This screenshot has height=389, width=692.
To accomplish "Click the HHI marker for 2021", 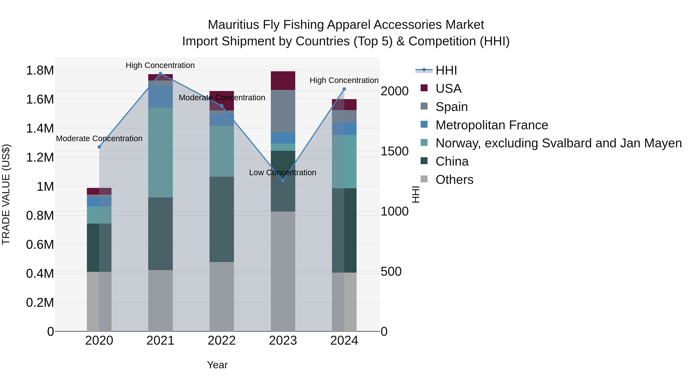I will click(160, 74).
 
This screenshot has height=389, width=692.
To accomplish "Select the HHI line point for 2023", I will click(283, 181).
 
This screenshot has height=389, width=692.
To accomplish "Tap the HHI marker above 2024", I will click(344, 89).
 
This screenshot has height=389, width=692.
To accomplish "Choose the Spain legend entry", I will click(451, 107).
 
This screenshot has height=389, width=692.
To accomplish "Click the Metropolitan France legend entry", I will click(491, 125).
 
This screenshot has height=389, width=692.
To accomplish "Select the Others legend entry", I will click(454, 180).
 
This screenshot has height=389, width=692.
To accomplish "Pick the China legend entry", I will click(452, 161).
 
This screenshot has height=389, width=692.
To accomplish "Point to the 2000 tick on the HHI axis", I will click(394, 91).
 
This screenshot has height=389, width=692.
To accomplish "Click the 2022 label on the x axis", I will click(222, 341).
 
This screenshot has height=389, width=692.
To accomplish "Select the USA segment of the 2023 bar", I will click(283, 80).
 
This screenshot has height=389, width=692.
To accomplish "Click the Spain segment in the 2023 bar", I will click(283, 111).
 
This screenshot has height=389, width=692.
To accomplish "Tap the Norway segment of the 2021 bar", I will click(160, 153).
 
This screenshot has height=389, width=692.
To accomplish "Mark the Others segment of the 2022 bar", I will click(222, 296).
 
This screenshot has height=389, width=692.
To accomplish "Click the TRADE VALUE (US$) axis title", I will click(6, 194).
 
